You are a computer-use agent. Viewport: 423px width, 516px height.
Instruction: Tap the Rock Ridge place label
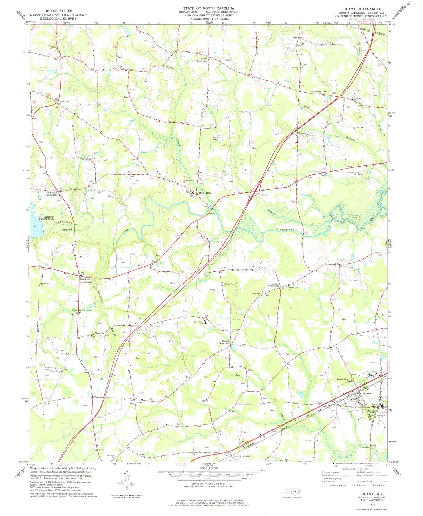[x=205, y=193]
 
